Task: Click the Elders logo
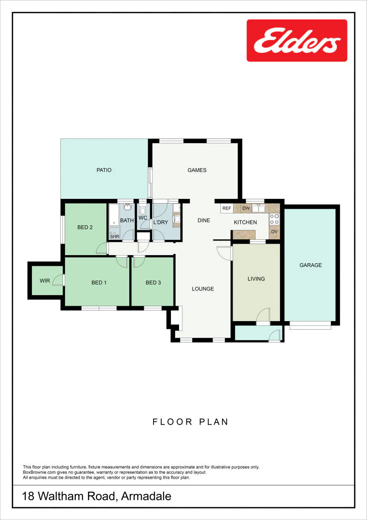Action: click(297, 40)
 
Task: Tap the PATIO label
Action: click(104, 170)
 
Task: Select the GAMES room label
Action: click(197, 170)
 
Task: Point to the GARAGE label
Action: click(311, 265)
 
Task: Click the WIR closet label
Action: click(45, 281)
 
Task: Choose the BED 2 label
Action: click(85, 227)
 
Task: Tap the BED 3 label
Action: click(153, 282)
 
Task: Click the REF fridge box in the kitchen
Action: click(227, 208)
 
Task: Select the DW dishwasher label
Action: click(246, 208)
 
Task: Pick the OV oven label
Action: click(274, 232)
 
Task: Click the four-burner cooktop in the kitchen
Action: click(274, 219)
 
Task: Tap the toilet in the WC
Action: click(142, 210)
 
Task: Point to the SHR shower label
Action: click(114, 236)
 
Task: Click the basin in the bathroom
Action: click(127, 207)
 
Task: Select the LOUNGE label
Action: click(203, 289)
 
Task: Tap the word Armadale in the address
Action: click(146, 496)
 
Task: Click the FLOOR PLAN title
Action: click(191, 422)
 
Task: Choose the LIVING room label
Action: click(256, 279)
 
